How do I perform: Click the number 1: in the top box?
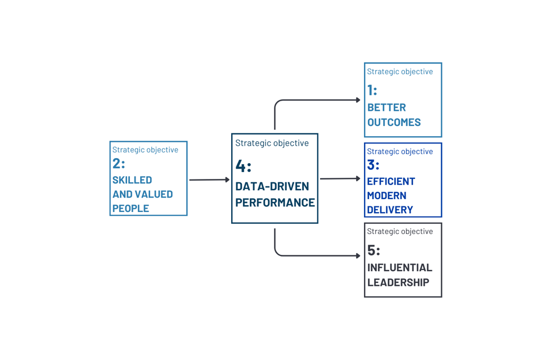point(372,90)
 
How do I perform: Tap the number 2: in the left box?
point(119,164)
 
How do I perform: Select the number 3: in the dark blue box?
point(373,165)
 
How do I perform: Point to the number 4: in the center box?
point(243,166)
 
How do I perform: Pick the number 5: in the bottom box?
point(373,250)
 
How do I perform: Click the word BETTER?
point(386,107)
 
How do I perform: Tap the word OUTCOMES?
point(394,122)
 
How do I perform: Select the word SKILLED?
point(132,180)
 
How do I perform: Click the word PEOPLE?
point(130,208)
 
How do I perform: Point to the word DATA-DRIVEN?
point(272,186)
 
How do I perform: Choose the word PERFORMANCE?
point(274,202)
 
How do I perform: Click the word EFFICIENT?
point(391,181)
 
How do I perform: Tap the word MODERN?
point(386,195)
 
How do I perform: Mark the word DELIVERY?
point(390,210)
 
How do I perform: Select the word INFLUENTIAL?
point(399,268)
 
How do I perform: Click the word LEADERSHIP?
point(398,282)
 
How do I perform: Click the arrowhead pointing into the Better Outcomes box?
point(358,100)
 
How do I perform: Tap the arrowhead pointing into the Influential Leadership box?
point(358,256)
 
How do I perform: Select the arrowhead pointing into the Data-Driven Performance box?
point(227,180)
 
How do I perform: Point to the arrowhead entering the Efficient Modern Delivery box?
point(358,178)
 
